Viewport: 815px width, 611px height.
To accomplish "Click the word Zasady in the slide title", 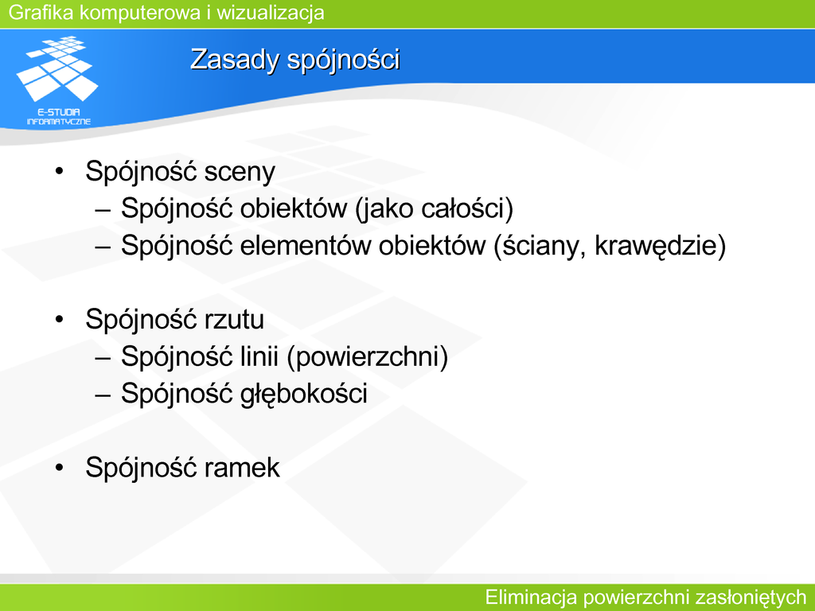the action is click(236, 60).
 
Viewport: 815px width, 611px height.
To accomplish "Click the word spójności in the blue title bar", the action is click(344, 60).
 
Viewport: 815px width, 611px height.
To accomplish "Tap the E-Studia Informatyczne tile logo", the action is click(57, 80).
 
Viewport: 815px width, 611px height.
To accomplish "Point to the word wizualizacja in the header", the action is click(271, 13).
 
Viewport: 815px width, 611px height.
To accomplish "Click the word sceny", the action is click(240, 172).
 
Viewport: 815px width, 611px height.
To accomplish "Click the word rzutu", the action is click(234, 320).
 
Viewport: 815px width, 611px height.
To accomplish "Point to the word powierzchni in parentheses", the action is click(367, 357).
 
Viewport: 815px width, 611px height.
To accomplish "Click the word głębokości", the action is click(303, 394).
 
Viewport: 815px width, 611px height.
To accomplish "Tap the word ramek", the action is click(242, 468).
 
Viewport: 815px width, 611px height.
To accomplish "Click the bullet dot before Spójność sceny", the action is click(59, 171).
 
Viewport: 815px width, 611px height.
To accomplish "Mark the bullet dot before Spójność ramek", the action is click(59, 468).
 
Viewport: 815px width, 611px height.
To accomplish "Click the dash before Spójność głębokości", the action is click(103, 395).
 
